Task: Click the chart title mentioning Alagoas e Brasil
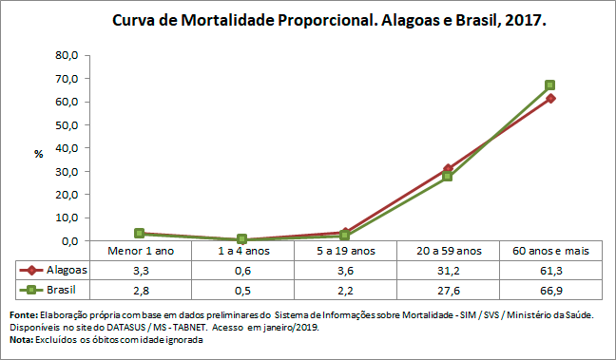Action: pos(329,20)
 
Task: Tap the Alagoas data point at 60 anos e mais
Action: pos(550,99)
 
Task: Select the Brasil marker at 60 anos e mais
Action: pos(550,85)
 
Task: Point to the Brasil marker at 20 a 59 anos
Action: pos(448,176)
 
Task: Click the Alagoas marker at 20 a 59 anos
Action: pos(448,168)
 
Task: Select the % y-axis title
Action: pos(39,154)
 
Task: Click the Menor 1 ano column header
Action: pos(140,251)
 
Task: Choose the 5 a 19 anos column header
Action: pos(345,251)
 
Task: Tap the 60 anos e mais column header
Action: pos(550,251)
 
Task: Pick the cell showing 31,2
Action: pos(448,270)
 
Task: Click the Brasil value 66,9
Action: pos(550,289)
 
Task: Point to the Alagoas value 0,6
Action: pos(242,270)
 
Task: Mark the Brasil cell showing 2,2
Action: pos(345,289)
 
